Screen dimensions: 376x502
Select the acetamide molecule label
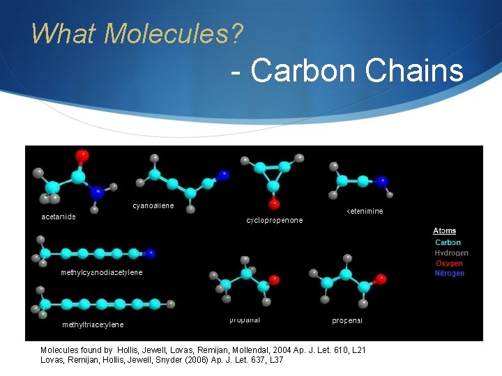tap(59, 217)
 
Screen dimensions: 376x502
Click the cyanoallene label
tap(153, 205)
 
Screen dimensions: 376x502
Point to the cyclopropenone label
tap(275, 220)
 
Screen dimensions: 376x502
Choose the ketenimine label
tap(365, 211)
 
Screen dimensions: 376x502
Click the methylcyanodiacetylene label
tap(102, 272)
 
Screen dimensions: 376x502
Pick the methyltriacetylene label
tap(93, 324)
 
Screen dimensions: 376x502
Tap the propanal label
tap(245, 320)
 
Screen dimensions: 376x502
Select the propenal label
tap(347, 320)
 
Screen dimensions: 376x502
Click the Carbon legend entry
tap(448, 242)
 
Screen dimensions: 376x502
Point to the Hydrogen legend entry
tap(451, 253)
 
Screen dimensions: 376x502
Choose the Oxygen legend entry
tap(449, 263)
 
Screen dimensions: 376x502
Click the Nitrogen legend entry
tap(449, 274)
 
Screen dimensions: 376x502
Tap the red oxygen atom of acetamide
tap(82, 155)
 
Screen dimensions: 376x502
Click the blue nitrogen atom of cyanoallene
tap(223, 174)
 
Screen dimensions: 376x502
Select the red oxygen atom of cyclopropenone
tap(275, 204)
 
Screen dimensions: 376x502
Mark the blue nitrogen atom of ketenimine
tap(382, 181)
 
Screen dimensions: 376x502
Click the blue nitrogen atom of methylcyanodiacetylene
tap(151, 253)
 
